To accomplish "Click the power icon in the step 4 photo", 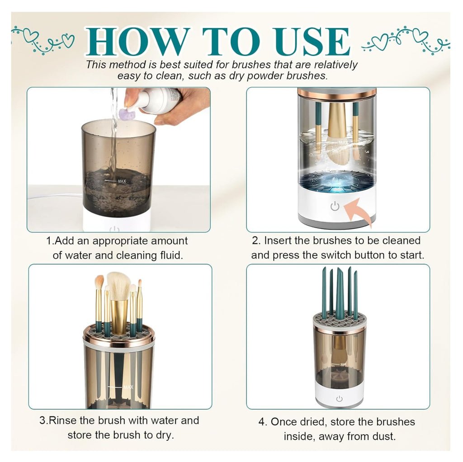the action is (339, 399).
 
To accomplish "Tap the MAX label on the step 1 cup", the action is (122, 181).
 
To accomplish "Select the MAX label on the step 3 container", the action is (128, 387).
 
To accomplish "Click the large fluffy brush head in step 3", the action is (118, 285).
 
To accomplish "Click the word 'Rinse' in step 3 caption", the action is (62, 420).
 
